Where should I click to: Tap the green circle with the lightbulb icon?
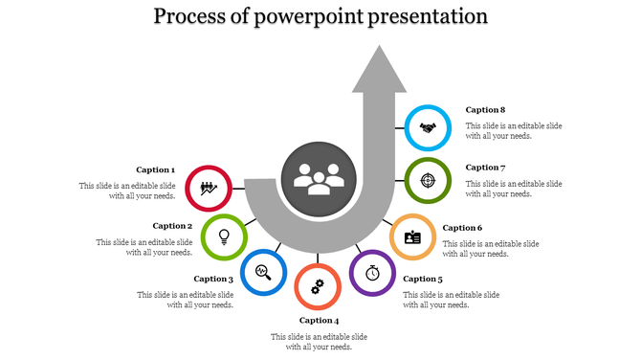pos(225,235)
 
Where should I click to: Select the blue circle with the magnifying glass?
pos(263,272)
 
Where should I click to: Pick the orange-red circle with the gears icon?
pos(318,286)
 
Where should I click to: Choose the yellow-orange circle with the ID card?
pos(412,236)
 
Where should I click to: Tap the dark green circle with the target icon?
pos(428,180)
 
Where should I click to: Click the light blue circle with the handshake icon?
pos(428,127)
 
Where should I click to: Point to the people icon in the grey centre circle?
pos(319,178)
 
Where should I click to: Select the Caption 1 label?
pos(155,169)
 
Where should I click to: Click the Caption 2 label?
pos(173,226)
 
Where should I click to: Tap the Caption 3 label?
pos(213,279)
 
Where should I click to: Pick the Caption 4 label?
pos(319,320)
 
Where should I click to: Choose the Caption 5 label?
pos(423,279)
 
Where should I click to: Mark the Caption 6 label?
pos(462,228)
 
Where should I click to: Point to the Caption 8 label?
pos(485,109)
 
